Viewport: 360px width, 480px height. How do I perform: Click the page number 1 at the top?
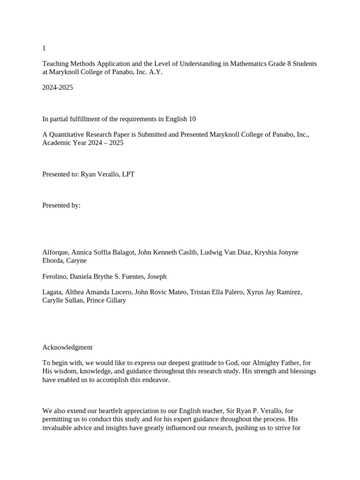coord(44,48)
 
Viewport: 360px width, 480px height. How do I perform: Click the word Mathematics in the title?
coord(247,64)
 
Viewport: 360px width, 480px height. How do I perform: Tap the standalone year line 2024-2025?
coord(58,88)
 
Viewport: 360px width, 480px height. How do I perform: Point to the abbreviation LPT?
coord(128,174)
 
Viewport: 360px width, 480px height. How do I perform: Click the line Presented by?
coord(61,205)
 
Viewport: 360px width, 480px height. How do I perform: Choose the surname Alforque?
coord(55,252)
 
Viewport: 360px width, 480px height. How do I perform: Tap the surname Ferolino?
coord(55,277)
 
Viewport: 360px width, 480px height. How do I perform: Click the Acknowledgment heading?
coord(67,347)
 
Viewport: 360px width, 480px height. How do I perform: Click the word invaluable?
coord(58,428)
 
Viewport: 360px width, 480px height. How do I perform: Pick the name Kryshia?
coord(265,252)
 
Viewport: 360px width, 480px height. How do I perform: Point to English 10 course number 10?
coord(191,119)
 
